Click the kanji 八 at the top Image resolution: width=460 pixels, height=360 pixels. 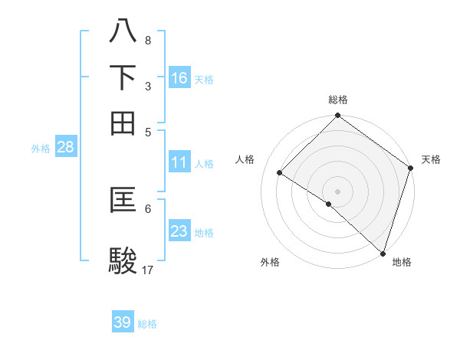coord(123,31)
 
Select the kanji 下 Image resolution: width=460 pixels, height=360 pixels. coord(123,77)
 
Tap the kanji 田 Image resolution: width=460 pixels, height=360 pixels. coord(123,122)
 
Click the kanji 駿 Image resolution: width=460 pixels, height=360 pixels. coord(123,260)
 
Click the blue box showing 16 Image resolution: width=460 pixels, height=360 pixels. coord(179,78)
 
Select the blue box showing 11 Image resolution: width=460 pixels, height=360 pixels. coord(179,162)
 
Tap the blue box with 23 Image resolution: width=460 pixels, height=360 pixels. coord(179,231)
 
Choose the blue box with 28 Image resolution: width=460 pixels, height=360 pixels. coord(65,148)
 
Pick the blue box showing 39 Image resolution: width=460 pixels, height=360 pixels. coord(123,322)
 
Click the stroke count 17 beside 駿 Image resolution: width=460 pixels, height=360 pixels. coord(148,270)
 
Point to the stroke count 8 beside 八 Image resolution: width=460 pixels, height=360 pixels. coord(147,40)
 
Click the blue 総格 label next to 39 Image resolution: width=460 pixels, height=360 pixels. coord(147,324)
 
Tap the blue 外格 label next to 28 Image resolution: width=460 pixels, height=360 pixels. coord(40,149)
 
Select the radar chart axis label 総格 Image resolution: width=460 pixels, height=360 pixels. coord(337,100)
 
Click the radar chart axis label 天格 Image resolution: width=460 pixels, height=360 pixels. coord(431,159)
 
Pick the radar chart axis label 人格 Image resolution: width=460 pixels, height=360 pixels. coord(245,159)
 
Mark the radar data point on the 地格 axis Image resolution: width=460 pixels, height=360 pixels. coord(383,252)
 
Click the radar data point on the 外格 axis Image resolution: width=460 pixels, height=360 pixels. coord(329,204)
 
